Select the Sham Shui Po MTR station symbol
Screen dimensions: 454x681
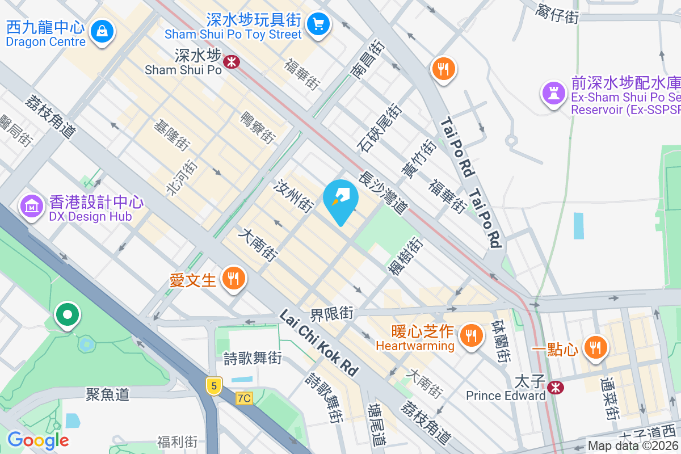coord(231,61)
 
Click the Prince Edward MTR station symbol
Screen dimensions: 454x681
coord(556,387)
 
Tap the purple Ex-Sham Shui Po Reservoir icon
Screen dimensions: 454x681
coord(553,92)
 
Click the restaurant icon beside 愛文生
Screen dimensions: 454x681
coord(233,279)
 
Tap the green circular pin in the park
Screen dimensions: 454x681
coord(68,314)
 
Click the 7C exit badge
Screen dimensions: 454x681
coord(244,398)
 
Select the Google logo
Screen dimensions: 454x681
coord(38,440)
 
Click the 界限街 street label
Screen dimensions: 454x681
coord(332,313)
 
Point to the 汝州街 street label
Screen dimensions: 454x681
coord(293,196)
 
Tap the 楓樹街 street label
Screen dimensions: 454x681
coord(405,257)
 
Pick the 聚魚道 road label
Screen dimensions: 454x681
coord(108,393)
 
